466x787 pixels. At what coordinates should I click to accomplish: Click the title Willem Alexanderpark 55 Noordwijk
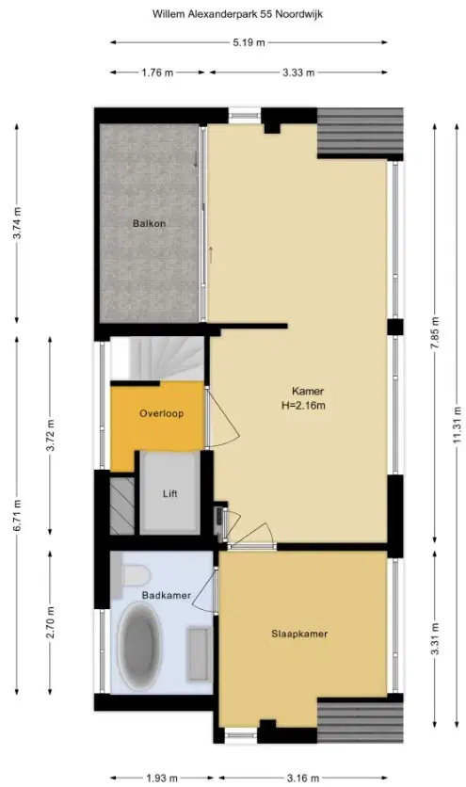(237, 14)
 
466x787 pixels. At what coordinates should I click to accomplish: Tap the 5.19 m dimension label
(249, 42)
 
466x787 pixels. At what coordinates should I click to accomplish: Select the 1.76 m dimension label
(157, 72)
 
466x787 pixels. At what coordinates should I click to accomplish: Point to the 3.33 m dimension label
(298, 72)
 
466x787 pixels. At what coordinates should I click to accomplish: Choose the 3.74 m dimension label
(17, 223)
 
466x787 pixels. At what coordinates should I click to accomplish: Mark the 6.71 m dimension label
(17, 516)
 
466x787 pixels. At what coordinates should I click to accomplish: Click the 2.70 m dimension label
(50, 623)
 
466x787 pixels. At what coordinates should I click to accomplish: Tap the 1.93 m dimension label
(162, 779)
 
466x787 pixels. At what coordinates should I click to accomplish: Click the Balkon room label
(149, 223)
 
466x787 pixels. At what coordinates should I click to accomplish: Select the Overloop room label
(161, 413)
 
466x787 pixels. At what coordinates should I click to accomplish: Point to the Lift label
(170, 494)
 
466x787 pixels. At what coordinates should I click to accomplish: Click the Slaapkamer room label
(299, 634)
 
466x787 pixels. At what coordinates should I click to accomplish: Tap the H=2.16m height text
(303, 406)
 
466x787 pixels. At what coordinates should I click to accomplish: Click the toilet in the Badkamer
(133, 574)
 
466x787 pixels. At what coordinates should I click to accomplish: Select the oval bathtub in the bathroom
(138, 645)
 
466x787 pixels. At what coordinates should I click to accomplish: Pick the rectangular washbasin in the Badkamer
(200, 654)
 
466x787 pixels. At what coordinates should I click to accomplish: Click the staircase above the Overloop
(157, 359)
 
